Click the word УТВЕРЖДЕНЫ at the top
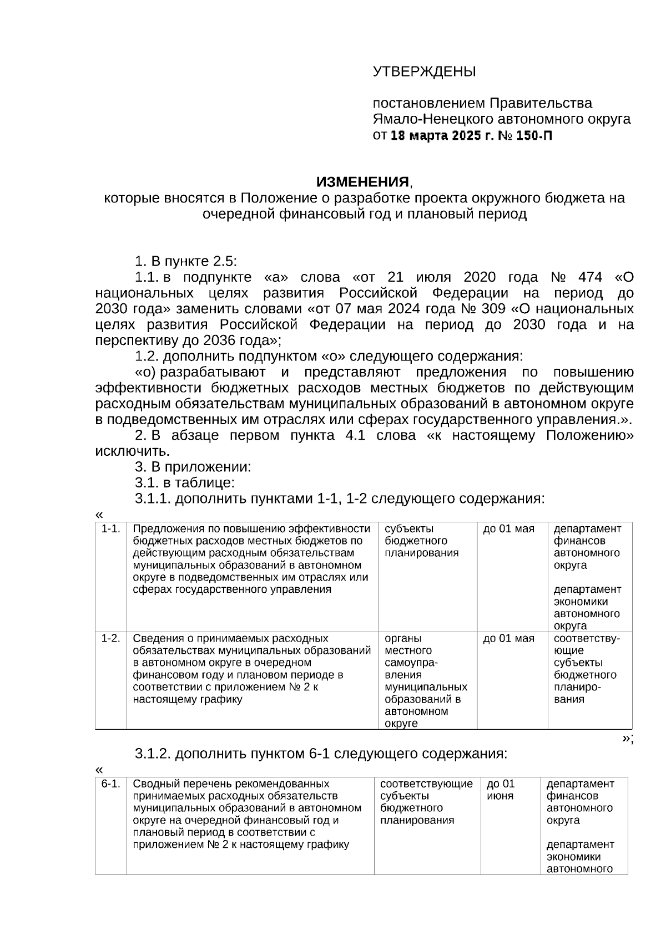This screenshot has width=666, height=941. pyautogui.click(x=424, y=72)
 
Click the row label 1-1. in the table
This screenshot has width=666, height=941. pyautogui.click(x=111, y=529)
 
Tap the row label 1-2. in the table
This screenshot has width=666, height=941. pyautogui.click(x=111, y=638)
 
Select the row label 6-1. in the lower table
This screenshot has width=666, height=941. pyautogui.click(x=111, y=784)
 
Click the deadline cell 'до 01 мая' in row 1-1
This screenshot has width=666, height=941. pyautogui.click(x=508, y=529)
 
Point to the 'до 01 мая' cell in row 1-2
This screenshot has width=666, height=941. pyautogui.click(x=508, y=638)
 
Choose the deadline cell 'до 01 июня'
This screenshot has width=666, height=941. pyautogui.click(x=501, y=790)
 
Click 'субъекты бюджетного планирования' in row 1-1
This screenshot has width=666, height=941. pyautogui.click(x=421, y=541)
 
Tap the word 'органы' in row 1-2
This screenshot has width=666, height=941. pyautogui.click(x=403, y=638)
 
